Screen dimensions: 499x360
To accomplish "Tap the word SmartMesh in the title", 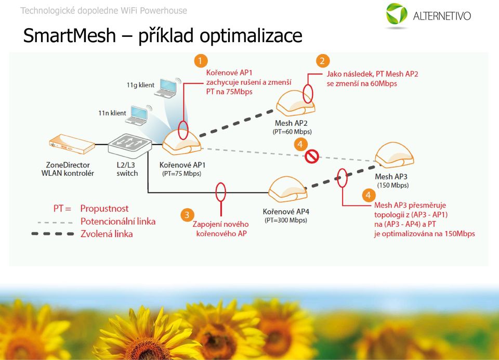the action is [69, 35].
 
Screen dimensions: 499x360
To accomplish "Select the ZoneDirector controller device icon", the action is [72, 145].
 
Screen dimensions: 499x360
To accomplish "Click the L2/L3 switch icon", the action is [130, 146].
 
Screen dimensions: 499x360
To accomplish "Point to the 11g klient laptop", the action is [167, 87].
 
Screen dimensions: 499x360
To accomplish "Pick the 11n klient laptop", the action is [138, 115].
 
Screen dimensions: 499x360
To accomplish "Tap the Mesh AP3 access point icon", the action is [395, 155].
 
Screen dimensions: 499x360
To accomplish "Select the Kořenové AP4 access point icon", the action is [288, 189].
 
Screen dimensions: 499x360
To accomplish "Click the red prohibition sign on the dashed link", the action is [311, 157].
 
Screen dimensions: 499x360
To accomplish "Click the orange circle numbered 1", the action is [200, 60].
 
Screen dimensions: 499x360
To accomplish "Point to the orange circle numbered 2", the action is [322, 60].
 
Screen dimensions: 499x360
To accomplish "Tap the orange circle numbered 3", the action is [187, 215].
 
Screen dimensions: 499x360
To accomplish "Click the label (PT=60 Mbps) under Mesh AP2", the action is [292, 132].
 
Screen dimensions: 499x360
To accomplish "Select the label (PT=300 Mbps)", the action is [286, 220].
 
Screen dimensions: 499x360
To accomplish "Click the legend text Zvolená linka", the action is [107, 234].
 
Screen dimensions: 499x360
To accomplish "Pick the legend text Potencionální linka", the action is [118, 221].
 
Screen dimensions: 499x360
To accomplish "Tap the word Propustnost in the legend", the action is [104, 209].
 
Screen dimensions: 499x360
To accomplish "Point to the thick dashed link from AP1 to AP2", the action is [236, 123].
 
